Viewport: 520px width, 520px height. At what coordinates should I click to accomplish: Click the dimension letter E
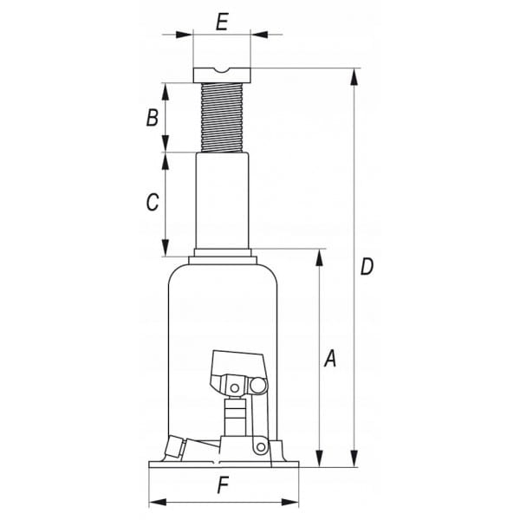(x=222, y=23)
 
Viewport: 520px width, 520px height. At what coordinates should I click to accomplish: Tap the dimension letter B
(x=153, y=118)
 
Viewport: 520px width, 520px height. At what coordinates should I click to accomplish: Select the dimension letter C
(x=153, y=202)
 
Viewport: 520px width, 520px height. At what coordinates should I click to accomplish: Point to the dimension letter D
(x=367, y=267)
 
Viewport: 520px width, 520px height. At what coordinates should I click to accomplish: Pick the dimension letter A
(x=330, y=358)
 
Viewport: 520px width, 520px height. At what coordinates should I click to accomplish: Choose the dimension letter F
(x=224, y=485)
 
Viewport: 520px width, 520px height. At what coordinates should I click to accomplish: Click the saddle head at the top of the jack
(x=222, y=75)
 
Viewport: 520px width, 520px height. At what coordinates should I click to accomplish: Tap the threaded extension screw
(x=222, y=118)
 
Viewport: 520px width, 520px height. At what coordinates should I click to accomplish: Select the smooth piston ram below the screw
(x=222, y=201)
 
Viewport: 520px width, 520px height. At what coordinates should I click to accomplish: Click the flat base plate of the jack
(x=224, y=465)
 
